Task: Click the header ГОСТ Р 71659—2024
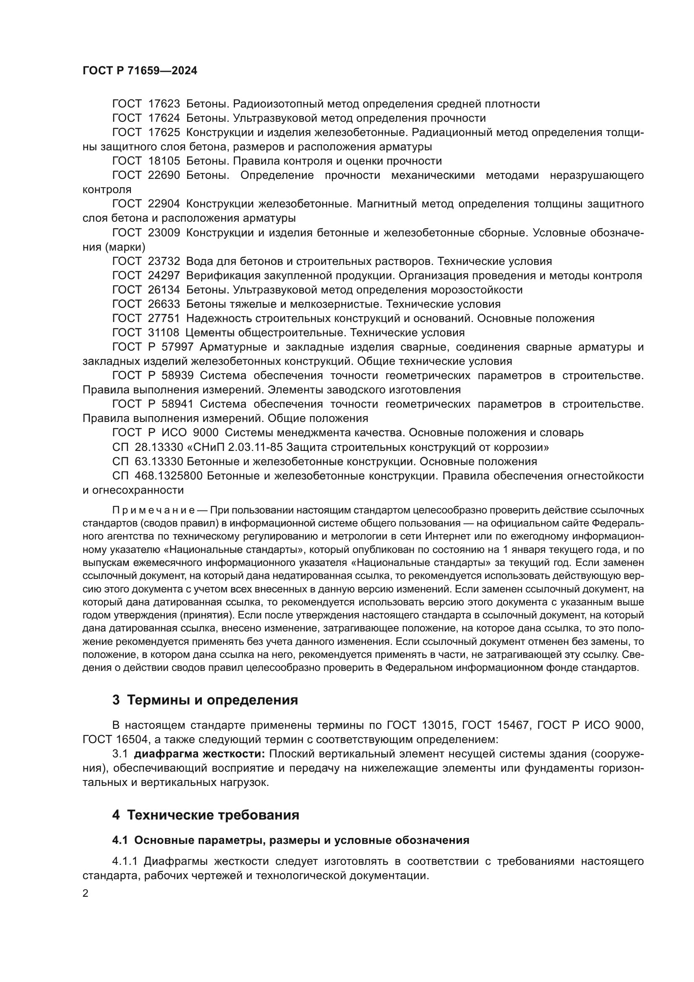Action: coord(140,71)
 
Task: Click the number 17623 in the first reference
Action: coord(164,104)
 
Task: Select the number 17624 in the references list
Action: coord(164,118)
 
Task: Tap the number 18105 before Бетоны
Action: coord(164,161)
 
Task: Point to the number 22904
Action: coord(164,204)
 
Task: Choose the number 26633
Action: coord(164,304)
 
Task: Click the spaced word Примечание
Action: coord(154,511)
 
